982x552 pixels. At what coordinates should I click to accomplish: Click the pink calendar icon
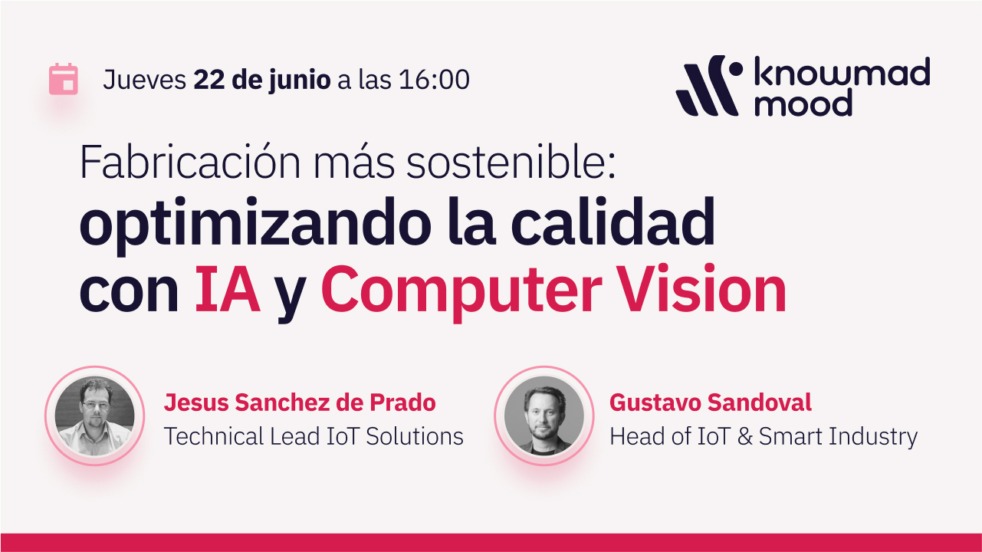64,80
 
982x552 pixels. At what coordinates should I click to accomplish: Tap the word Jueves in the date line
145,80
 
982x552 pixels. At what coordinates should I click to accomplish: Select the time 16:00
434,80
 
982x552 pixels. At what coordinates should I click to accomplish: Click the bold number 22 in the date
209,80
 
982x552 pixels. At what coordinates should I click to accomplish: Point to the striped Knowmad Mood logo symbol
709,86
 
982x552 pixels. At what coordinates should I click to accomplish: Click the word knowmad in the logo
842,71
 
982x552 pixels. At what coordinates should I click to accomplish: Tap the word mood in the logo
803,103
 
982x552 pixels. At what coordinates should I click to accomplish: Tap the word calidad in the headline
613,222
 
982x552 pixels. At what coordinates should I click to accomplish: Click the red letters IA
227,289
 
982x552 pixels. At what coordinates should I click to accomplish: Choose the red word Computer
461,291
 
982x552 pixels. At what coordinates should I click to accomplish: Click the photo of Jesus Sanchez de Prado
95,416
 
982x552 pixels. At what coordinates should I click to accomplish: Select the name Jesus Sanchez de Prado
300,402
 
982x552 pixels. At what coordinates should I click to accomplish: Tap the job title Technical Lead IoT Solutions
314,437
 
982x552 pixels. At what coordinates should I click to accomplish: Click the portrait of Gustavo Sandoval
544,416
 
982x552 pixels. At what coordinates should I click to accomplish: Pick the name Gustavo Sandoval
710,402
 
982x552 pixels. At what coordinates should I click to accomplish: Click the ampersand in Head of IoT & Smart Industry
745,437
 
